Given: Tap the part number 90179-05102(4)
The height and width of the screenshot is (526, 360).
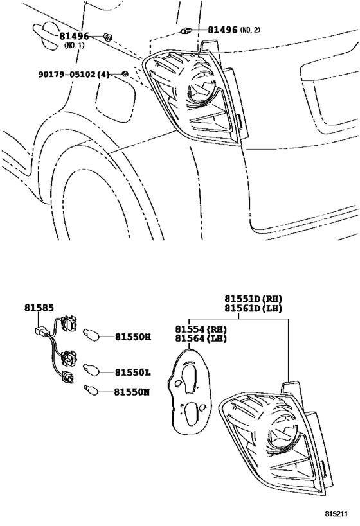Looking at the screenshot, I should pyautogui.click(x=76, y=75).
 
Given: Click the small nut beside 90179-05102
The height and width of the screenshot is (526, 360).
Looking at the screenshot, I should pyautogui.click(x=125, y=75).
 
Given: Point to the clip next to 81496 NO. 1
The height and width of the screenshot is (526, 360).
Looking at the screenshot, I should pyautogui.click(x=108, y=37).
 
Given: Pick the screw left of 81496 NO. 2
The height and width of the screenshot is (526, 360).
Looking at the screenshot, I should pyautogui.click(x=187, y=30).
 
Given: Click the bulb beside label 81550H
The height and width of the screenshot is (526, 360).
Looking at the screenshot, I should pyautogui.click(x=89, y=335).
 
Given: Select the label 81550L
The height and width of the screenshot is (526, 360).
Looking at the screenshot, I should pyautogui.click(x=132, y=372).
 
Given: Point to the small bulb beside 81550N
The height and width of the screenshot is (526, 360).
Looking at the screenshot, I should pyautogui.click(x=91, y=390).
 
